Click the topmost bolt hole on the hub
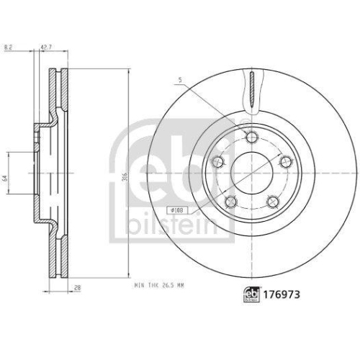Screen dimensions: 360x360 point(251,139)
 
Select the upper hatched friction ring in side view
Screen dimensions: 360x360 point(56,94)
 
